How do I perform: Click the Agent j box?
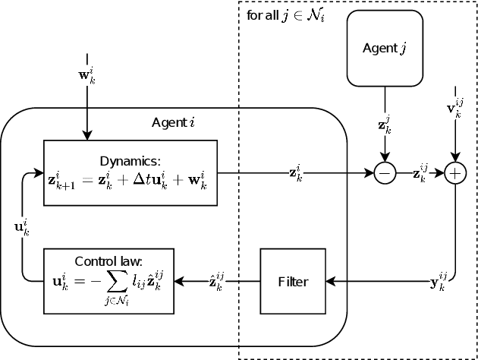click(385, 49)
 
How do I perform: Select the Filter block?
click(293, 281)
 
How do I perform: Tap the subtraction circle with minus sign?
click(385, 174)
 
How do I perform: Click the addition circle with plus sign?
click(454, 174)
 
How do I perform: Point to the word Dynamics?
click(130, 160)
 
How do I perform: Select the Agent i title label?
click(174, 122)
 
